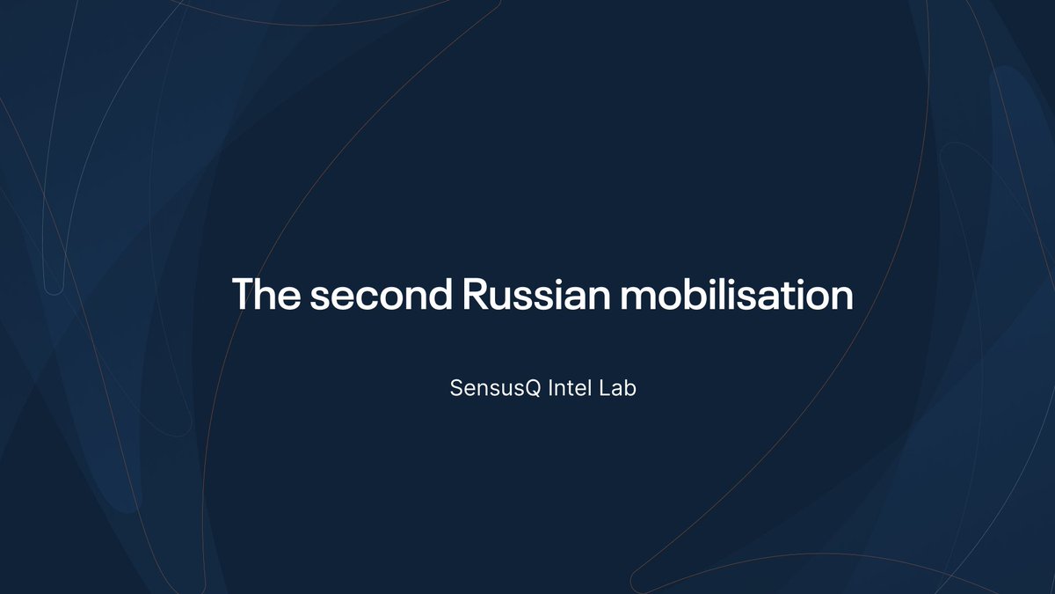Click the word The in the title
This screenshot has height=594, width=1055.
(266, 294)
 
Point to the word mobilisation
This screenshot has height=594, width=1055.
(736, 294)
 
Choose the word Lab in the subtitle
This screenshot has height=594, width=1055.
(618, 388)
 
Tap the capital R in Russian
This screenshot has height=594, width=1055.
(475, 294)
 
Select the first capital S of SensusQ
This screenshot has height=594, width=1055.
(456, 388)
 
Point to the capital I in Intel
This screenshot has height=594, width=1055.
(550, 388)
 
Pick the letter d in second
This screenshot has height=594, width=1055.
(437, 294)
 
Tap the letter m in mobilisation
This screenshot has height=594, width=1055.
(639, 296)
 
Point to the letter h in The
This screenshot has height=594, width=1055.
(267, 294)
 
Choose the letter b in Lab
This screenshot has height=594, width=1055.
(629, 388)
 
